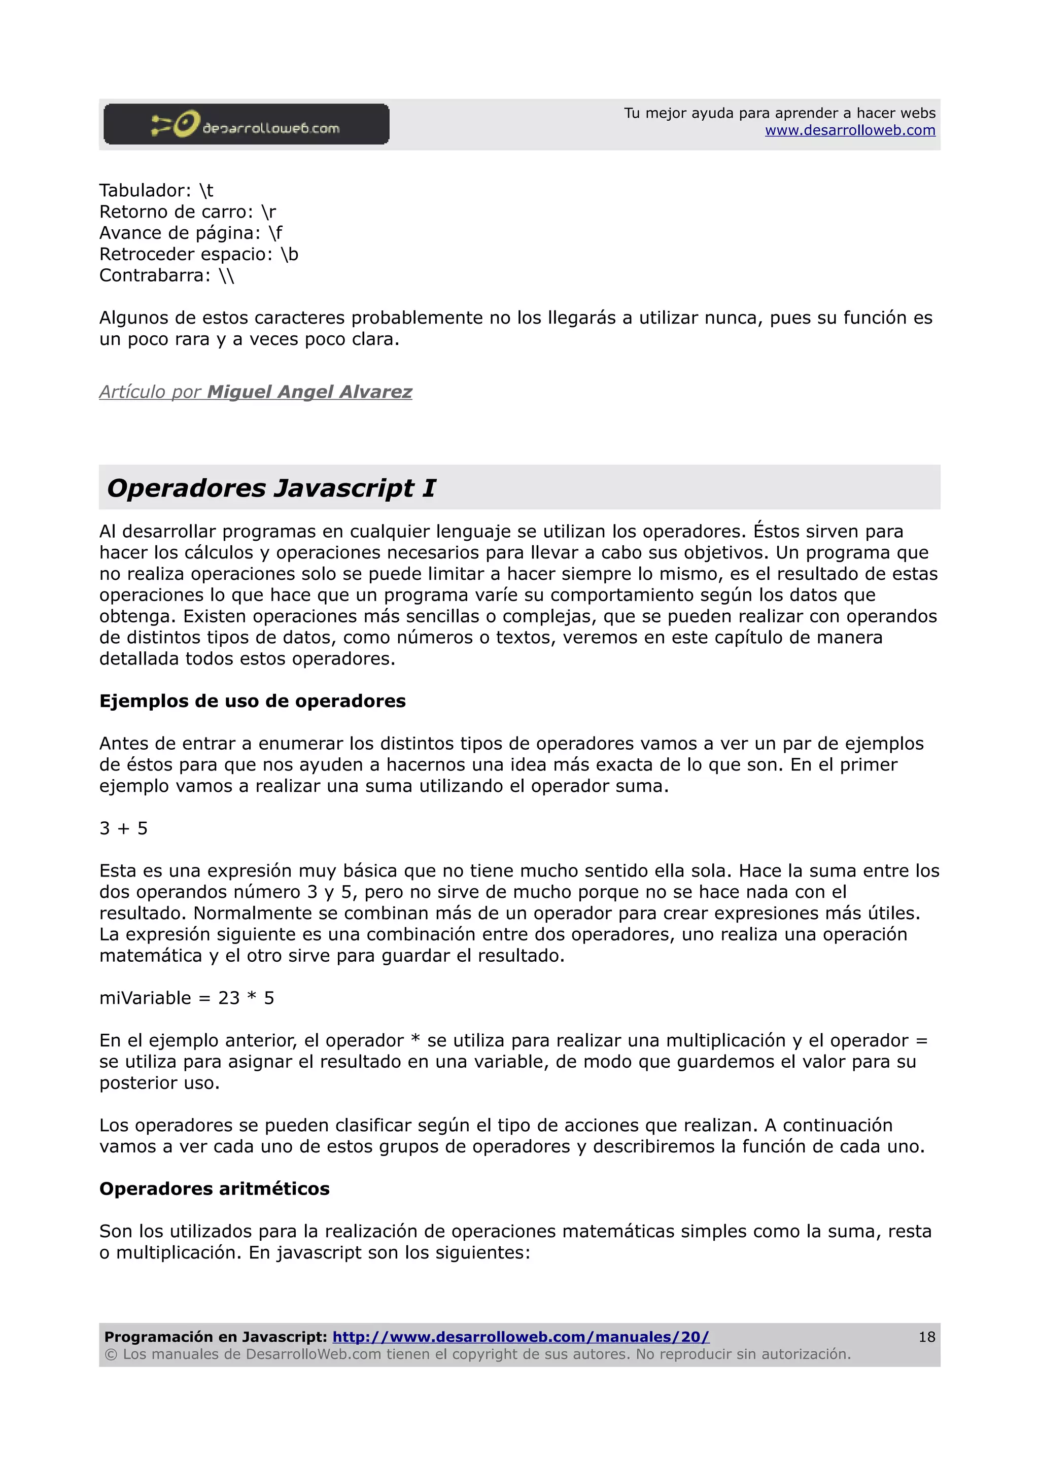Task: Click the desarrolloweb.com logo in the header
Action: click(246, 124)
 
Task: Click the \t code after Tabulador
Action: click(206, 191)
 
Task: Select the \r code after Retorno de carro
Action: click(268, 212)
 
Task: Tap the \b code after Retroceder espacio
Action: click(289, 254)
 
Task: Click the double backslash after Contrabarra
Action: click(226, 276)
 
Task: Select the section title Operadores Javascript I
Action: click(271, 488)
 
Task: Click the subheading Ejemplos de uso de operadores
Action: click(252, 701)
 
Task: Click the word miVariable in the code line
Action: click(145, 998)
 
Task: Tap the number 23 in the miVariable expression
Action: click(228, 998)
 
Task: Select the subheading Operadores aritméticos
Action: click(215, 1189)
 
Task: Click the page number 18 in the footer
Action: click(926, 1337)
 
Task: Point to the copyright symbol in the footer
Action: click(111, 1354)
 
